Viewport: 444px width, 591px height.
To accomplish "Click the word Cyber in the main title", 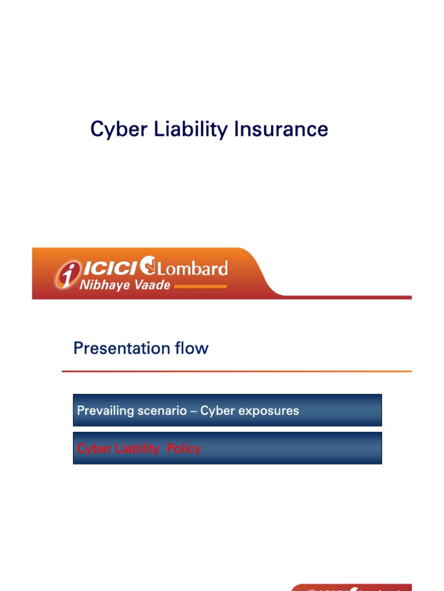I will pyautogui.click(x=116, y=129).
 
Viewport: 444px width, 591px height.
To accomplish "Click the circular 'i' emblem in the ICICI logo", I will pyautogui.click(x=67, y=274).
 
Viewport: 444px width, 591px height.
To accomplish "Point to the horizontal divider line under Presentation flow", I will pyautogui.click(x=237, y=371).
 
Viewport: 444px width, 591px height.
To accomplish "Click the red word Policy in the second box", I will pyautogui.click(x=184, y=448).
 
